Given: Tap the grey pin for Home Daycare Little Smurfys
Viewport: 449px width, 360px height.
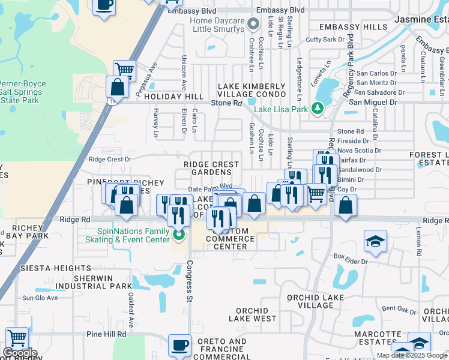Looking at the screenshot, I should (253, 25).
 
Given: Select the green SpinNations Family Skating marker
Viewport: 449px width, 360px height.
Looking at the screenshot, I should (178, 235).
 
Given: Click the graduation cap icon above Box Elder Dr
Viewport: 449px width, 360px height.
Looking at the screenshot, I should (375, 241).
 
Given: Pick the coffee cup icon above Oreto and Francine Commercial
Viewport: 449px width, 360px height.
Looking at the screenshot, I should (179, 344).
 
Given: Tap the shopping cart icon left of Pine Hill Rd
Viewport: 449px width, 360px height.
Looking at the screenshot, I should (17, 338).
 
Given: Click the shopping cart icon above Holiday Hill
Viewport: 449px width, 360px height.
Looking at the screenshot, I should (124, 70).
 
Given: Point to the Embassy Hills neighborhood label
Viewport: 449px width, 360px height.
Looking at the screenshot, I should (353, 27).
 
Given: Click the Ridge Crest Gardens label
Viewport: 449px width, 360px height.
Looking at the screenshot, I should (211, 168).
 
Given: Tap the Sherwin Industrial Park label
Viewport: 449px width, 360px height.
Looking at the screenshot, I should (102, 282).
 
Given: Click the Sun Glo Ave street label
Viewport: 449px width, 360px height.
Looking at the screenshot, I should (40, 298).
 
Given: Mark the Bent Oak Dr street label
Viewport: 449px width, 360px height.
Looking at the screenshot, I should (399, 308).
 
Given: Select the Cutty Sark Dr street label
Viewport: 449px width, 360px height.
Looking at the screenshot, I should (323, 40).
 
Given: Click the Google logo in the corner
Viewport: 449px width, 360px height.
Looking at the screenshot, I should (20, 353).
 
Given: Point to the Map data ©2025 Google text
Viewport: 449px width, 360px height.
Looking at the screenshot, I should (412, 355).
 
